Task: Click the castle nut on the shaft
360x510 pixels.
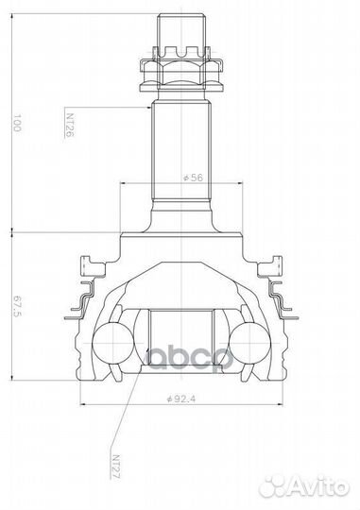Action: tap(180, 67)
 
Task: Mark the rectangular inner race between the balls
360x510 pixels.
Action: tap(180, 340)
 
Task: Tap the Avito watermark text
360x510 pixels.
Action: tap(317, 484)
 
